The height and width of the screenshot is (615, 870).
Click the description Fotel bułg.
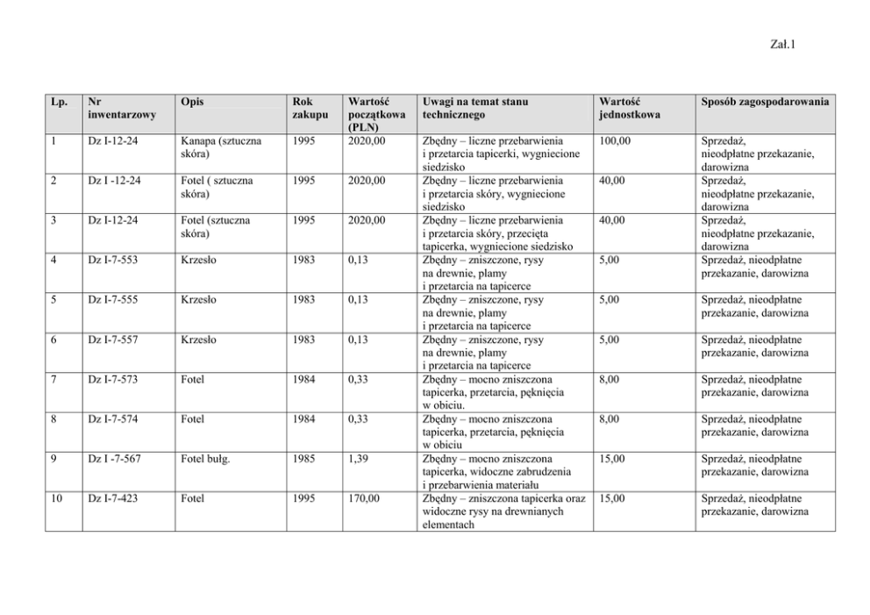pos(205,459)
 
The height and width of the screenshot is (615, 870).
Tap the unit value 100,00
pos(615,140)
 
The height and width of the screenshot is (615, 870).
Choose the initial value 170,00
pos(365,498)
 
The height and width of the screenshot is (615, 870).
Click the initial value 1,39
pos(358,459)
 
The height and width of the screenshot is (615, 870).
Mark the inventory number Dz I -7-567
pos(116,459)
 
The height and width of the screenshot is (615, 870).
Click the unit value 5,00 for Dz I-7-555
pos(610,299)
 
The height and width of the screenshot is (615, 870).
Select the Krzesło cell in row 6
pos(197,340)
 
